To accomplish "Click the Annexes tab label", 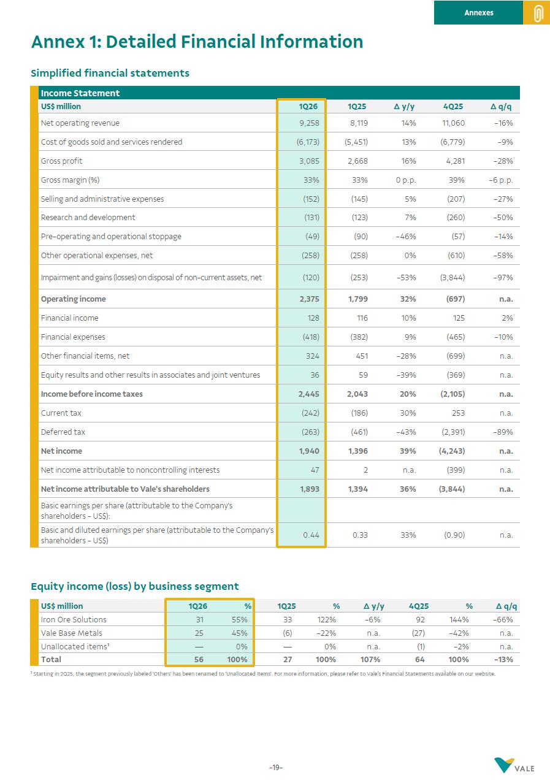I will pos(478,12).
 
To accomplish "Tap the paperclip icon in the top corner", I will pos(538,13).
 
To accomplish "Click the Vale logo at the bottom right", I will pos(514,766).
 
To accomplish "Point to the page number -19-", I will pos(275,768).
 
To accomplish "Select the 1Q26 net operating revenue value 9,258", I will pos(308,123).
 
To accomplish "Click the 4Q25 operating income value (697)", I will pos(453,299).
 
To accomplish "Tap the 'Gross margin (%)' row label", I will pos(70,180).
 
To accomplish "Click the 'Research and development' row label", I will pos(88,218).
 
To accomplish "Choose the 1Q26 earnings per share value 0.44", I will pos(311,535).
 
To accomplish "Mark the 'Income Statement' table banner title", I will pos(80,93).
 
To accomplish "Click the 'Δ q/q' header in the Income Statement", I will pos(501,107).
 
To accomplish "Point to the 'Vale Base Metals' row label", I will pos(71,633).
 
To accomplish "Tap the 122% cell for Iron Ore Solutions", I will pos(326,620).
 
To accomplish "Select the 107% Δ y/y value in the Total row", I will pos(370,660).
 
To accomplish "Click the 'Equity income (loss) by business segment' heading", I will pos(134,586).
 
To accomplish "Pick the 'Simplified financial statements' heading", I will pos(110,73).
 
